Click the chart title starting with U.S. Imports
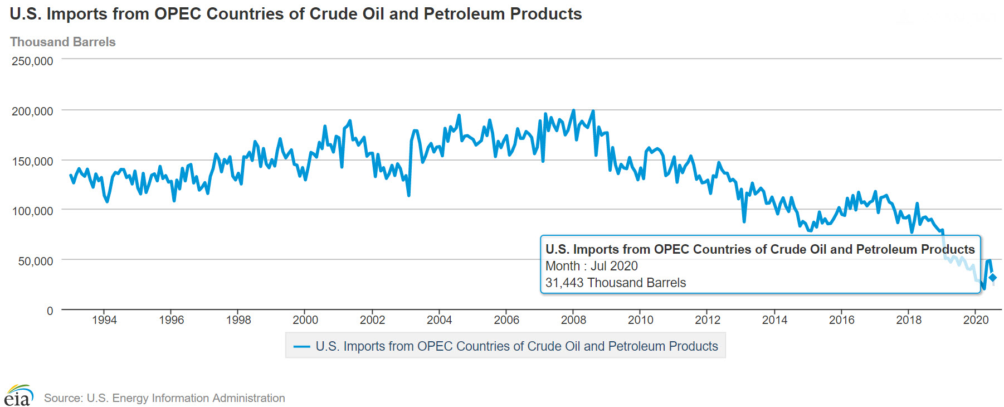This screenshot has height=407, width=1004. (x=296, y=14)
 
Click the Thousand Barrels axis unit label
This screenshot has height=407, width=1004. (x=63, y=42)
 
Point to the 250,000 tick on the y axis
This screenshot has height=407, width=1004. (x=32, y=61)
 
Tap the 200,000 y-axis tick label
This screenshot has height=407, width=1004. (x=32, y=112)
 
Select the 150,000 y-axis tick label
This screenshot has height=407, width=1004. (x=32, y=162)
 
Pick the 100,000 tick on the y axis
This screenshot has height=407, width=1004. (x=32, y=211)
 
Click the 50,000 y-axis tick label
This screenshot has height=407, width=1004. (x=35, y=261)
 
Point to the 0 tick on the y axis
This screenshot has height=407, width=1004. (x=50, y=311)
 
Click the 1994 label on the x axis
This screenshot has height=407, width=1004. (x=104, y=320)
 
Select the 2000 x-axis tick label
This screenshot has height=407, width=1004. (x=305, y=320)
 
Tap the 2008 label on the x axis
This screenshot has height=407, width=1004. (x=573, y=320)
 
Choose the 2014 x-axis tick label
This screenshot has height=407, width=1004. (x=774, y=320)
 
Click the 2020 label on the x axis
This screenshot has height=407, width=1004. (x=976, y=320)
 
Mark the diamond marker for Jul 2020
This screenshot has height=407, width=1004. (x=992, y=278)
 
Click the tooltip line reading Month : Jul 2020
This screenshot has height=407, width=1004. (x=591, y=266)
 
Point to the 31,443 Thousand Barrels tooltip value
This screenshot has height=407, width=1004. (x=615, y=283)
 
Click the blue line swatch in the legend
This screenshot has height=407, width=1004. (x=301, y=346)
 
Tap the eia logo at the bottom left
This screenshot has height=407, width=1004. (x=18, y=396)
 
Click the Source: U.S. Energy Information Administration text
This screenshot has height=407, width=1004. (x=164, y=398)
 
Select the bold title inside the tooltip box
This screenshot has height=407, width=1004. (x=760, y=249)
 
